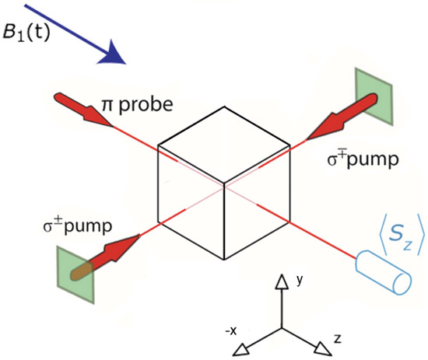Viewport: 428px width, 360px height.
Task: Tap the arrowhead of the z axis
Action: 320,348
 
